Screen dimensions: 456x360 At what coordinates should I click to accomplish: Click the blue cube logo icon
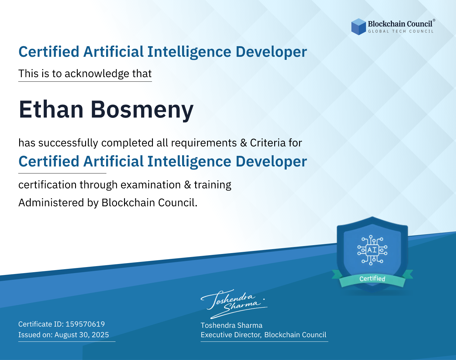[358, 27]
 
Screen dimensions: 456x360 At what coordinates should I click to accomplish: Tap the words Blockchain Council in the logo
[400, 24]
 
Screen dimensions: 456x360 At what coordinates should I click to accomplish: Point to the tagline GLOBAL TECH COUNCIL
[401, 31]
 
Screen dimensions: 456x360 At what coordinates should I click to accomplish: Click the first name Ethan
[51, 109]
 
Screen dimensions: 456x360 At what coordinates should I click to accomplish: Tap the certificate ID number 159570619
[85, 324]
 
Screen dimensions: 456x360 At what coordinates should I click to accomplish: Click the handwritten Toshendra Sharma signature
[234, 304]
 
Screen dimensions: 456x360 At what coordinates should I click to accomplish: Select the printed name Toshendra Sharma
[231, 325]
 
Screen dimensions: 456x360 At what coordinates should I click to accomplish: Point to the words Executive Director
[231, 335]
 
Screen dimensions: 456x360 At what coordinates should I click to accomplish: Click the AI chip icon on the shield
[372, 250]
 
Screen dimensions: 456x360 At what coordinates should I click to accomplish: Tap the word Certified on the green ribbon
[372, 279]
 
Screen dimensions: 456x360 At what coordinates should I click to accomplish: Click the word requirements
[204, 143]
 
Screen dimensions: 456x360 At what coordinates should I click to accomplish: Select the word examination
[151, 185]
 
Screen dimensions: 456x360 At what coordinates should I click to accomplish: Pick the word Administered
[51, 202]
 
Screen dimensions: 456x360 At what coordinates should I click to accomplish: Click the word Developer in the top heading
[271, 52]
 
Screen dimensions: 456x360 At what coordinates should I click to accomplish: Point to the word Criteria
[268, 143]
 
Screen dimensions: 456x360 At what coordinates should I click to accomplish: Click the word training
[212, 185]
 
